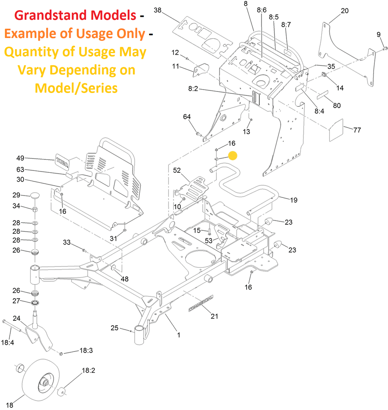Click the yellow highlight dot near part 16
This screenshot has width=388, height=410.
click(232, 156)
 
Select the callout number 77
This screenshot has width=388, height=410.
click(357, 130)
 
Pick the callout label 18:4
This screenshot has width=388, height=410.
click(8, 342)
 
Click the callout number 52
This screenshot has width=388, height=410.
click(177, 170)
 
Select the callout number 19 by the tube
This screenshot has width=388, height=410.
click(294, 200)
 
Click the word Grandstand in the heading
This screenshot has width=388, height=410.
click(45, 16)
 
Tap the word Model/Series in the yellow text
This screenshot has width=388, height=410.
click(76, 88)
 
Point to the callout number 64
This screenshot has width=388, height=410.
click(187, 116)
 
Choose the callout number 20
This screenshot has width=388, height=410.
click(344, 11)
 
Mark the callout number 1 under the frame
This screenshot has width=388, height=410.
click(178, 335)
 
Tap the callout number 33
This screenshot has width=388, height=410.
click(67, 242)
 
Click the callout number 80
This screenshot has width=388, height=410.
click(337, 106)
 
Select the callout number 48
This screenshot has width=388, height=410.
click(124, 279)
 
